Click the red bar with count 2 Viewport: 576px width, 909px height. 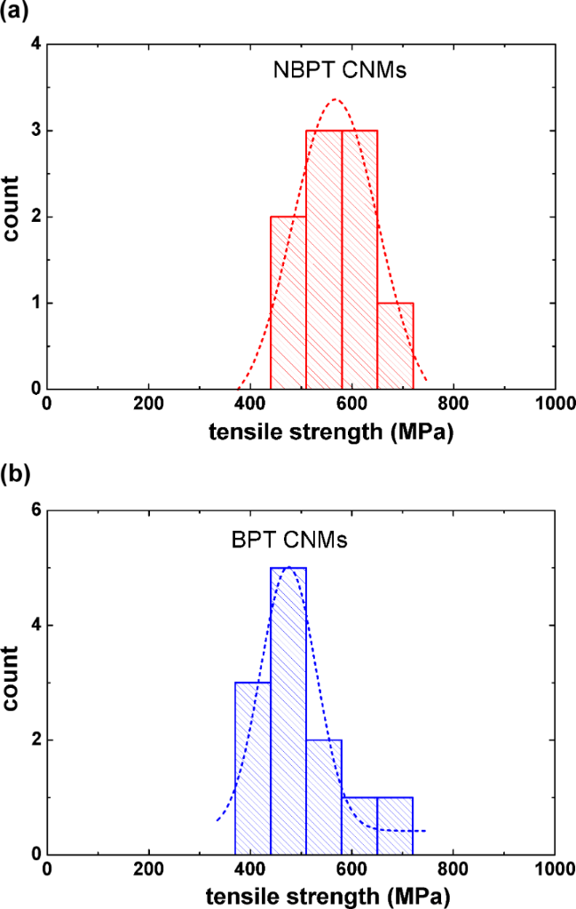288,302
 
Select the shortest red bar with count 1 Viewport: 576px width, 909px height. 395,345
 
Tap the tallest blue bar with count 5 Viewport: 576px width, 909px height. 288,710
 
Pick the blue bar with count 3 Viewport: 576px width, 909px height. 253,768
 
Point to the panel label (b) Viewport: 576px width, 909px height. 17,473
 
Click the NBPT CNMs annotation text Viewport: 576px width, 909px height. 339,71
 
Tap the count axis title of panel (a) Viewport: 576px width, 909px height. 12,216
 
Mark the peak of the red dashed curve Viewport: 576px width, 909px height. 335,99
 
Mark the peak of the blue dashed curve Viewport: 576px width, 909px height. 288,566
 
